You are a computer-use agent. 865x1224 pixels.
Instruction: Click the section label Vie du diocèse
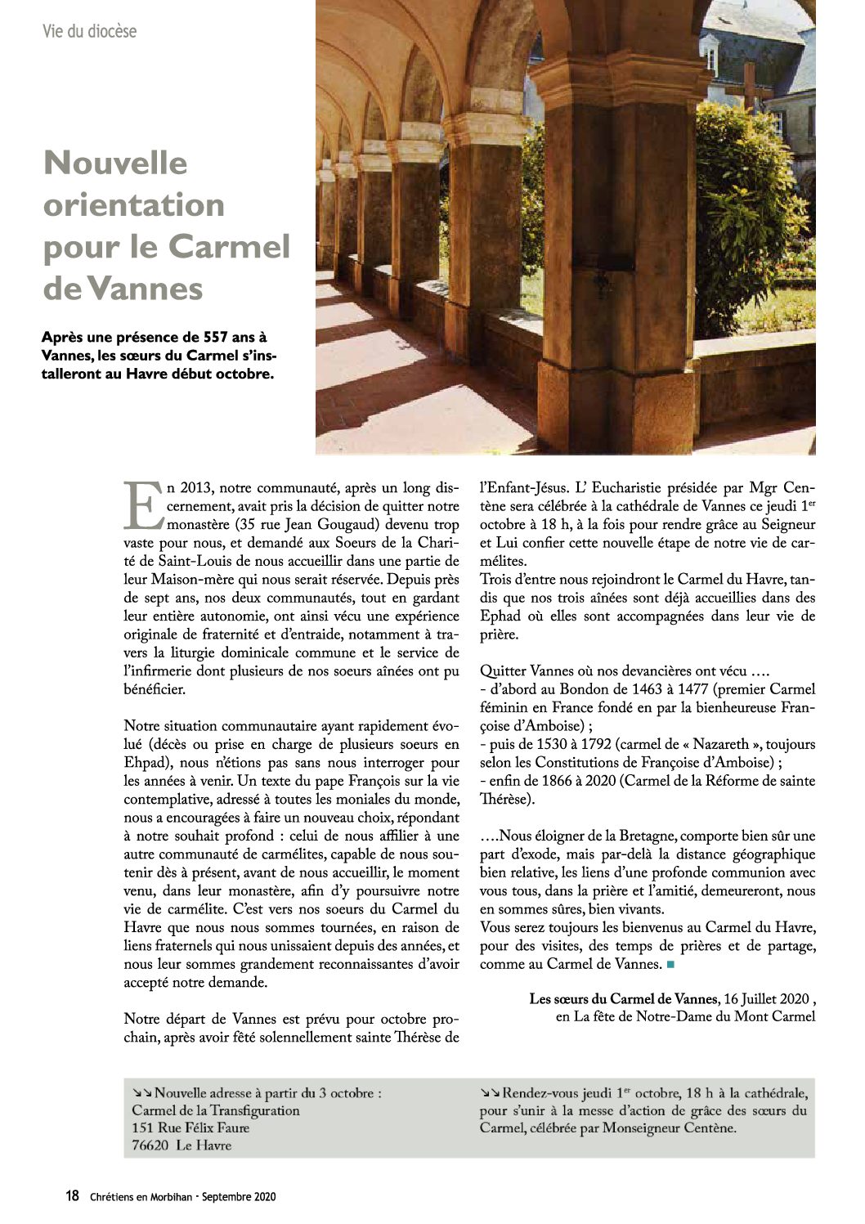tap(89, 32)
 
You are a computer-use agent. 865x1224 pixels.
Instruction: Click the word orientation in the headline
tap(133, 204)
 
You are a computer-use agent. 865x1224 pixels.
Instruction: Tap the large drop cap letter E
tap(142, 504)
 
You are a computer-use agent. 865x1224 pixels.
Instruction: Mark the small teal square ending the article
tap(670, 965)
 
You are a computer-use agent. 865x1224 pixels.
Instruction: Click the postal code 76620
tap(150, 1146)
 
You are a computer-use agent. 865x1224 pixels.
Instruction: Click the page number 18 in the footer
tap(73, 1196)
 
